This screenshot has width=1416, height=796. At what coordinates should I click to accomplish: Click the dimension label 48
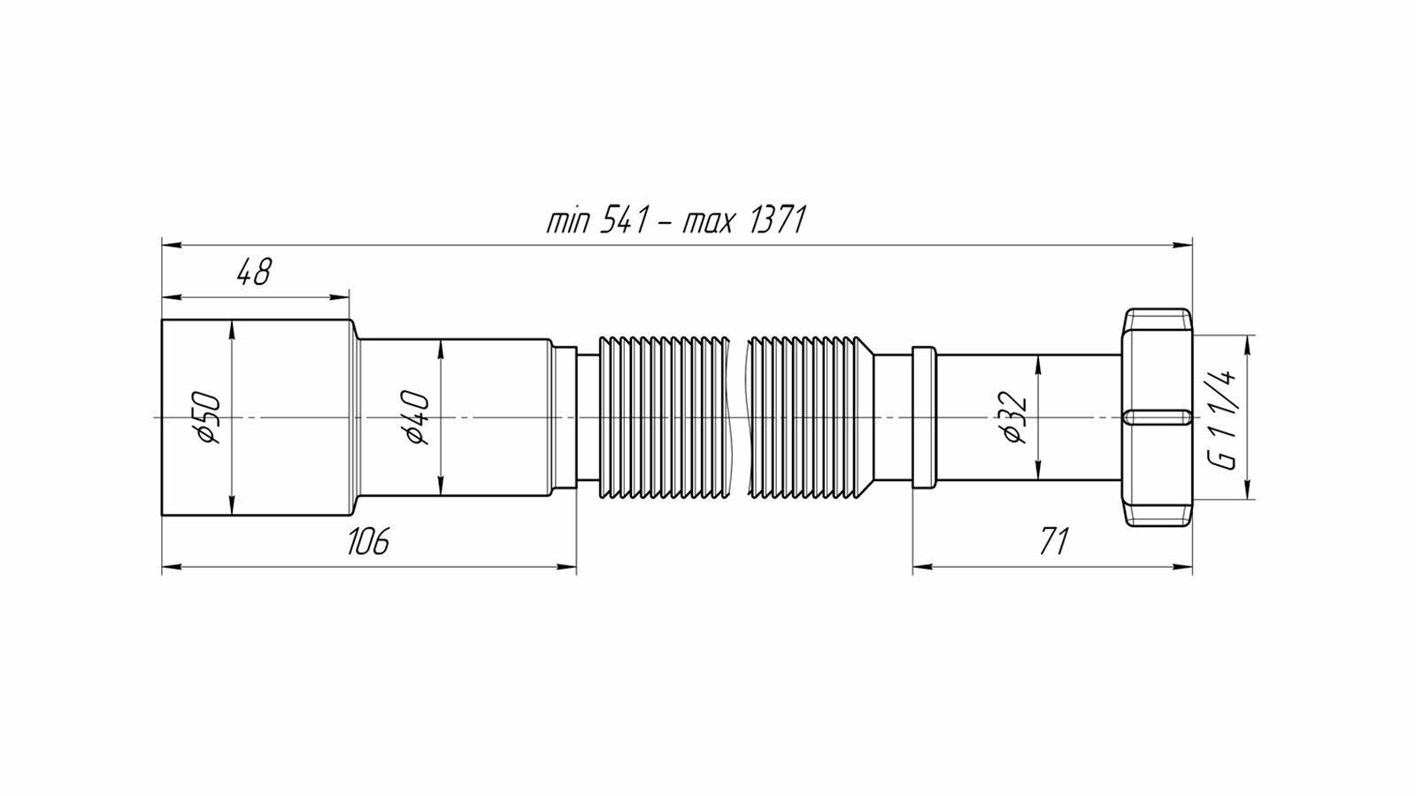253,272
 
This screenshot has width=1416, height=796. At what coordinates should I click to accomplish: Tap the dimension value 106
367,540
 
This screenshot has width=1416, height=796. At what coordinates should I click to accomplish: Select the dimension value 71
1054,540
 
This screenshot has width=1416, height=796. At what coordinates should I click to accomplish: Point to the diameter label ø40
418,417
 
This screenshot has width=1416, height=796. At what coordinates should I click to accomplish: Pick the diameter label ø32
1015,417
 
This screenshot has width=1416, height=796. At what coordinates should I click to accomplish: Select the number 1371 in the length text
776,220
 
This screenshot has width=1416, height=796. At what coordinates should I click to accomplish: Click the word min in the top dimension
568,220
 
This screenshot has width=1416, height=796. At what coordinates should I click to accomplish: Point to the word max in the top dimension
708,220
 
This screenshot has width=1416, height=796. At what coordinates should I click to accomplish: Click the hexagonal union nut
1157,371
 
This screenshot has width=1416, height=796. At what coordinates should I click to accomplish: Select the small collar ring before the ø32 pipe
923,417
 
